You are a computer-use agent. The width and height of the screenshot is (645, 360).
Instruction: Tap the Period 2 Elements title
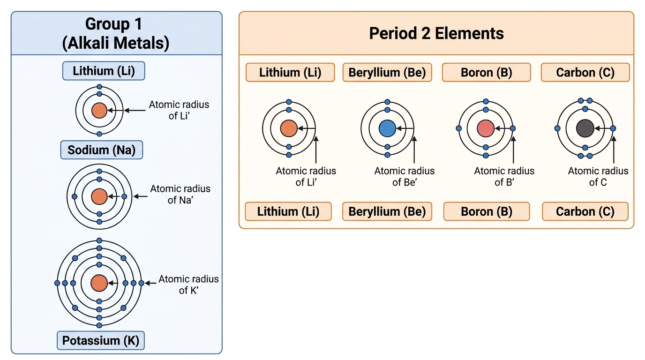point(436,33)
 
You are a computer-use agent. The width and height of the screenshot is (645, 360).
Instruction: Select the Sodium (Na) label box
point(102,150)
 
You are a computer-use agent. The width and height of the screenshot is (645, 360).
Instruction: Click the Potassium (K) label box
point(101,340)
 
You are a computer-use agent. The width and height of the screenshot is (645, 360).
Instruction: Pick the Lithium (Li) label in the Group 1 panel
point(104,71)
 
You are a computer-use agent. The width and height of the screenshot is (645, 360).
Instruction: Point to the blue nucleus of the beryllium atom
point(387,128)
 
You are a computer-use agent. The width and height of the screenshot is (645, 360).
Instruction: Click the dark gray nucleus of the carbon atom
point(585,128)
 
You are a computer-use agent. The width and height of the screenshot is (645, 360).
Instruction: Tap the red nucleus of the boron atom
point(486,128)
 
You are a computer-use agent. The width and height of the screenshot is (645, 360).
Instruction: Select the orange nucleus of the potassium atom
point(99,283)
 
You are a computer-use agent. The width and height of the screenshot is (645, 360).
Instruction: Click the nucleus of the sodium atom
point(99,197)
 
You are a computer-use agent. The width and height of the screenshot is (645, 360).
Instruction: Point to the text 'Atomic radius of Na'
point(180,195)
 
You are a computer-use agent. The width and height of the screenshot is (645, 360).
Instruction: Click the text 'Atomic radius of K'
point(188,285)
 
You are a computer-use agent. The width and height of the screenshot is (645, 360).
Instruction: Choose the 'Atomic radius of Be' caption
point(404,177)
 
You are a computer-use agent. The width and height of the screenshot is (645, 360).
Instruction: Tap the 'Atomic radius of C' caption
point(598,177)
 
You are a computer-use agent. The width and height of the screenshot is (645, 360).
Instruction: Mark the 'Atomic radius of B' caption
point(504,177)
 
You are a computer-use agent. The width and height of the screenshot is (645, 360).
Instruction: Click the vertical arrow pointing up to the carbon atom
point(614,150)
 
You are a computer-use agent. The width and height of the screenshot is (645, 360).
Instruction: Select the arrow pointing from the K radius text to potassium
point(150,283)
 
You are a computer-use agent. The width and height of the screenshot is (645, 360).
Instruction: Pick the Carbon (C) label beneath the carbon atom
point(585,211)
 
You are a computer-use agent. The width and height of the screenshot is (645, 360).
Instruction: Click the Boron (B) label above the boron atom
point(487,72)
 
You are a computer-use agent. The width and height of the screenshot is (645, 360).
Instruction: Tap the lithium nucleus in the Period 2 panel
point(289,128)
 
